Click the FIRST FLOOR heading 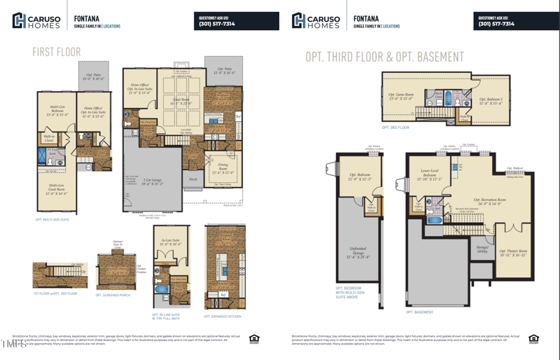[x=57, y=52]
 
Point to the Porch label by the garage [x=193, y=179]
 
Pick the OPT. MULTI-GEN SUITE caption [x=52, y=219]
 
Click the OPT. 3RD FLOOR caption [x=396, y=127]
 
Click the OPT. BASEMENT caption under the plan [x=419, y=312]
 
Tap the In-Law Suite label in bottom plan [x=171, y=243]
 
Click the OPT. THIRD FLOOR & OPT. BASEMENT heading [x=384, y=57]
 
